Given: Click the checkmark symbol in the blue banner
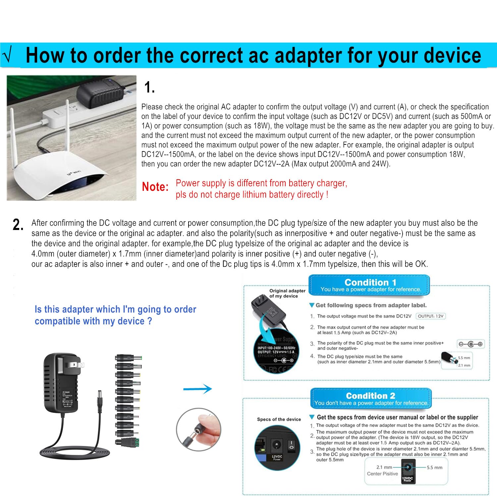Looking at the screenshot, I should click(x=7, y=55).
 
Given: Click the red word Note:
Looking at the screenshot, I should click(x=155, y=187).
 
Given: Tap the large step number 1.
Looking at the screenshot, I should click(x=149, y=87).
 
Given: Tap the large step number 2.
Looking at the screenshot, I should click(x=18, y=225).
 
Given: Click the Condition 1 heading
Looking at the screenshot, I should click(x=370, y=282).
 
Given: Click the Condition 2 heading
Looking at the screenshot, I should click(x=370, y=396).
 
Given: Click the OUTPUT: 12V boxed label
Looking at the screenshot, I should click(x=430, y=316).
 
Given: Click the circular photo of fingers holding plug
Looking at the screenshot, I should click(x=198, y=429).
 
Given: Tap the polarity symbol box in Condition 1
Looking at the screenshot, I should click(x=470, y=344).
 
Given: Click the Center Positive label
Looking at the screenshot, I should click(x=382, y=474).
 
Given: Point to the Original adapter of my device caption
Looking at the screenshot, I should click(x=287, y=293).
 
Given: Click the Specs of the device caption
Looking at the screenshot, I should click(x=279, y=419).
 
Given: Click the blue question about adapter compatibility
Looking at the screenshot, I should click(x=115, y=315).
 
